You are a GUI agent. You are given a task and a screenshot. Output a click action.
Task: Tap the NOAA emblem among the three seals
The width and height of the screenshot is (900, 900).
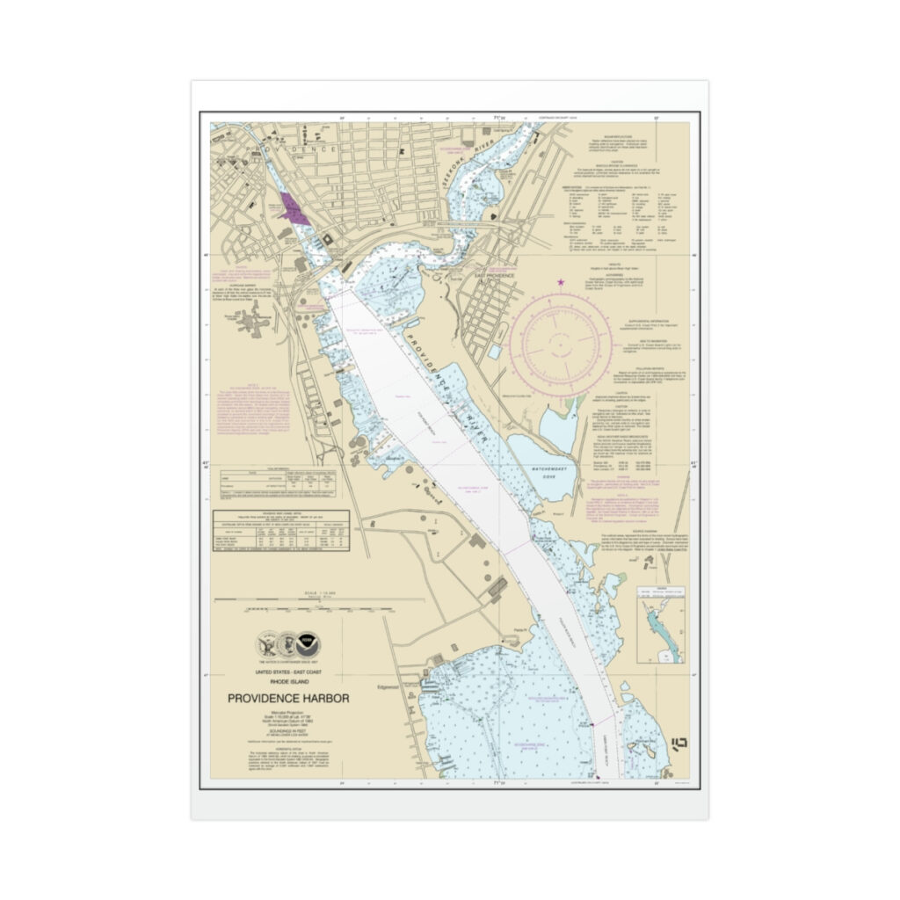308,643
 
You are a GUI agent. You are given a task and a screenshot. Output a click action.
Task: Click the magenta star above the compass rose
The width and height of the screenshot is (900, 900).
560,282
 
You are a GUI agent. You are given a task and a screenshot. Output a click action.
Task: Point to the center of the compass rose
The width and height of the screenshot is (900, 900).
560,343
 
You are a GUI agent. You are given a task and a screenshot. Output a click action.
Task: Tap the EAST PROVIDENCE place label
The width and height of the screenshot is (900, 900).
495,274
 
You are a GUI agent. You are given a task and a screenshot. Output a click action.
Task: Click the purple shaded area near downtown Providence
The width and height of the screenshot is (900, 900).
290,209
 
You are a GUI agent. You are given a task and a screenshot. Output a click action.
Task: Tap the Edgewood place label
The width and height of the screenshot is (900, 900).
388,687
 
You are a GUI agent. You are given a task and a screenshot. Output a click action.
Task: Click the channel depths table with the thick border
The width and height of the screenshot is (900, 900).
280,531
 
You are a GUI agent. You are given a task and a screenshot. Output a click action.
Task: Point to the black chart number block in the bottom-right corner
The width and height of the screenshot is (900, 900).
679,744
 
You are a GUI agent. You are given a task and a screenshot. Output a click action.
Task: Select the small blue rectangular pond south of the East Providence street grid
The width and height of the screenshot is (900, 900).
496,352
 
